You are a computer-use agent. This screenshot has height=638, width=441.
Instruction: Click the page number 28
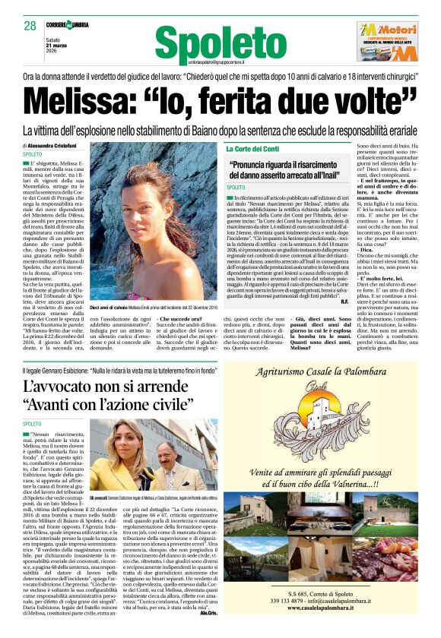[30, 26]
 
